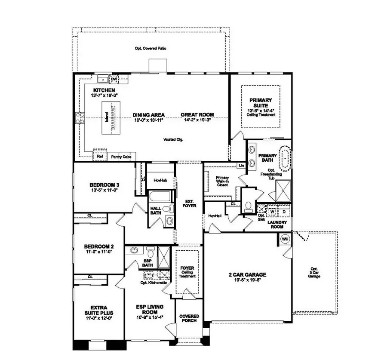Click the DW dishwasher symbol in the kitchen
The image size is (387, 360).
pos(114,79)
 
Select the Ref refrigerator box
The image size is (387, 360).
pos(100,157)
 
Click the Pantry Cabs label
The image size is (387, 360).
pos(121,157)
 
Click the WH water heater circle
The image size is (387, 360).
pos(285,239)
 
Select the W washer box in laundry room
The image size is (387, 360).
pos(272,212)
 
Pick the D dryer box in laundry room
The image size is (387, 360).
pos(284,212)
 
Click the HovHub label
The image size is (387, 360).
pos(160,181)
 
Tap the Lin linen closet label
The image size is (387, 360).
pos(241,165)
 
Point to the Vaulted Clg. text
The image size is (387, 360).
pos(173,139)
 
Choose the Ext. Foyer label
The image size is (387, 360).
pos(189,203)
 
